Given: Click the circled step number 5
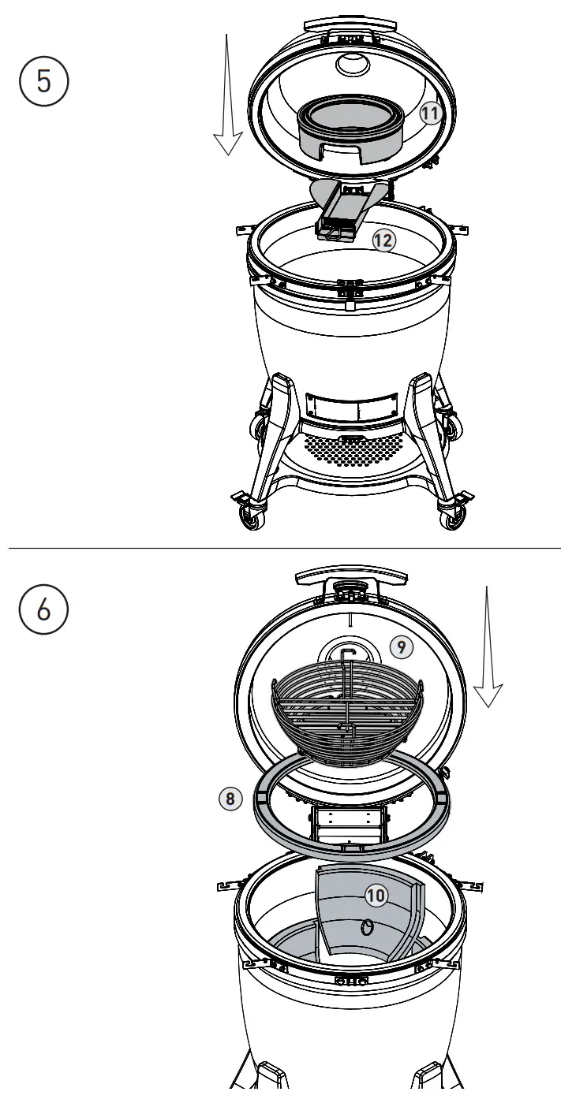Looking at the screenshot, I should tap(46, 81).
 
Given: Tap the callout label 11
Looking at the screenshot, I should tap(429, 114).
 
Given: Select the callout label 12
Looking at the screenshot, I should tap(383, 240).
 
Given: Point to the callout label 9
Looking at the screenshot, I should tap(401, 647).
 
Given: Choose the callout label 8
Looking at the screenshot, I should tap(230, 798).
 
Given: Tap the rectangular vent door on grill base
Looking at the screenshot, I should tap(348, 408).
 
